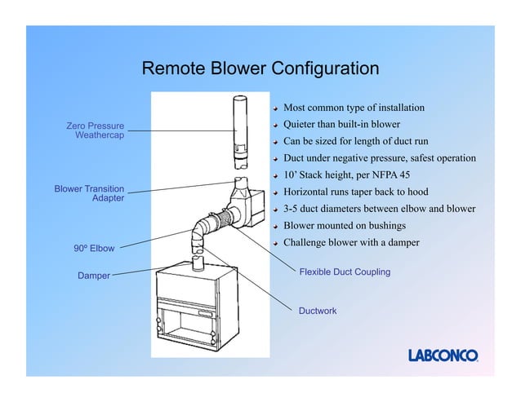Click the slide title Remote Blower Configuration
click(260, 68)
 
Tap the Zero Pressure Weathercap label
click(96, 130)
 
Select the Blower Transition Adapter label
click(89, 193)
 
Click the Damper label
click(94, 276)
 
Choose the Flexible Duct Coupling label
click(345, 272)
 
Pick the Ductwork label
click(318, 311)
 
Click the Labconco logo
click(443, 355)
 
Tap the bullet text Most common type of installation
click(353, 108)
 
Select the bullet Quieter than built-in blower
click(341, 125)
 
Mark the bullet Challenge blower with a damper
click(350, 243)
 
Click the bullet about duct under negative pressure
click(378, 158)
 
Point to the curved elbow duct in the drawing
click(198, 235)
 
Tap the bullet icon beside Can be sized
click(277, 142)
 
